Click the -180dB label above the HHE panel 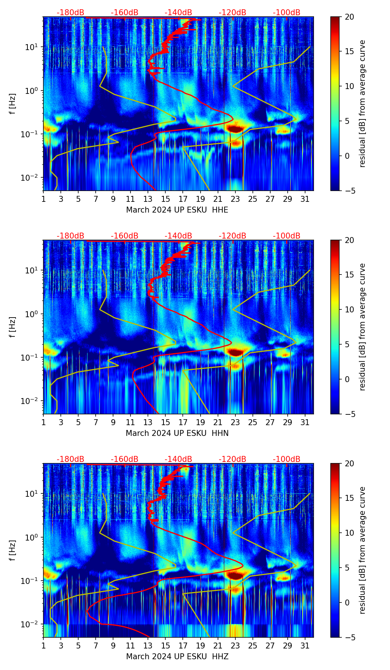(70, 13)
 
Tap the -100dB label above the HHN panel (287, 236)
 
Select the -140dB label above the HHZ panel (178, 459)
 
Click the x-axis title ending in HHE (177, 210)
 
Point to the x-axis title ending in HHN (177, 433)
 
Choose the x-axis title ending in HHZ (177, 657)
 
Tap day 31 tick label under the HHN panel (305, 423)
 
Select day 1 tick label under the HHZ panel (43, 646)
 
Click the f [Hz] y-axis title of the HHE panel (13, 104)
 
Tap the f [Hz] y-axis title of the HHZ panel (13, 550)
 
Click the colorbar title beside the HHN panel (363, 327)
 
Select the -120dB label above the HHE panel (232, 13)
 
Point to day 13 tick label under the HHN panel (148, 423)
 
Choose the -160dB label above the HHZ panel (125, 459)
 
